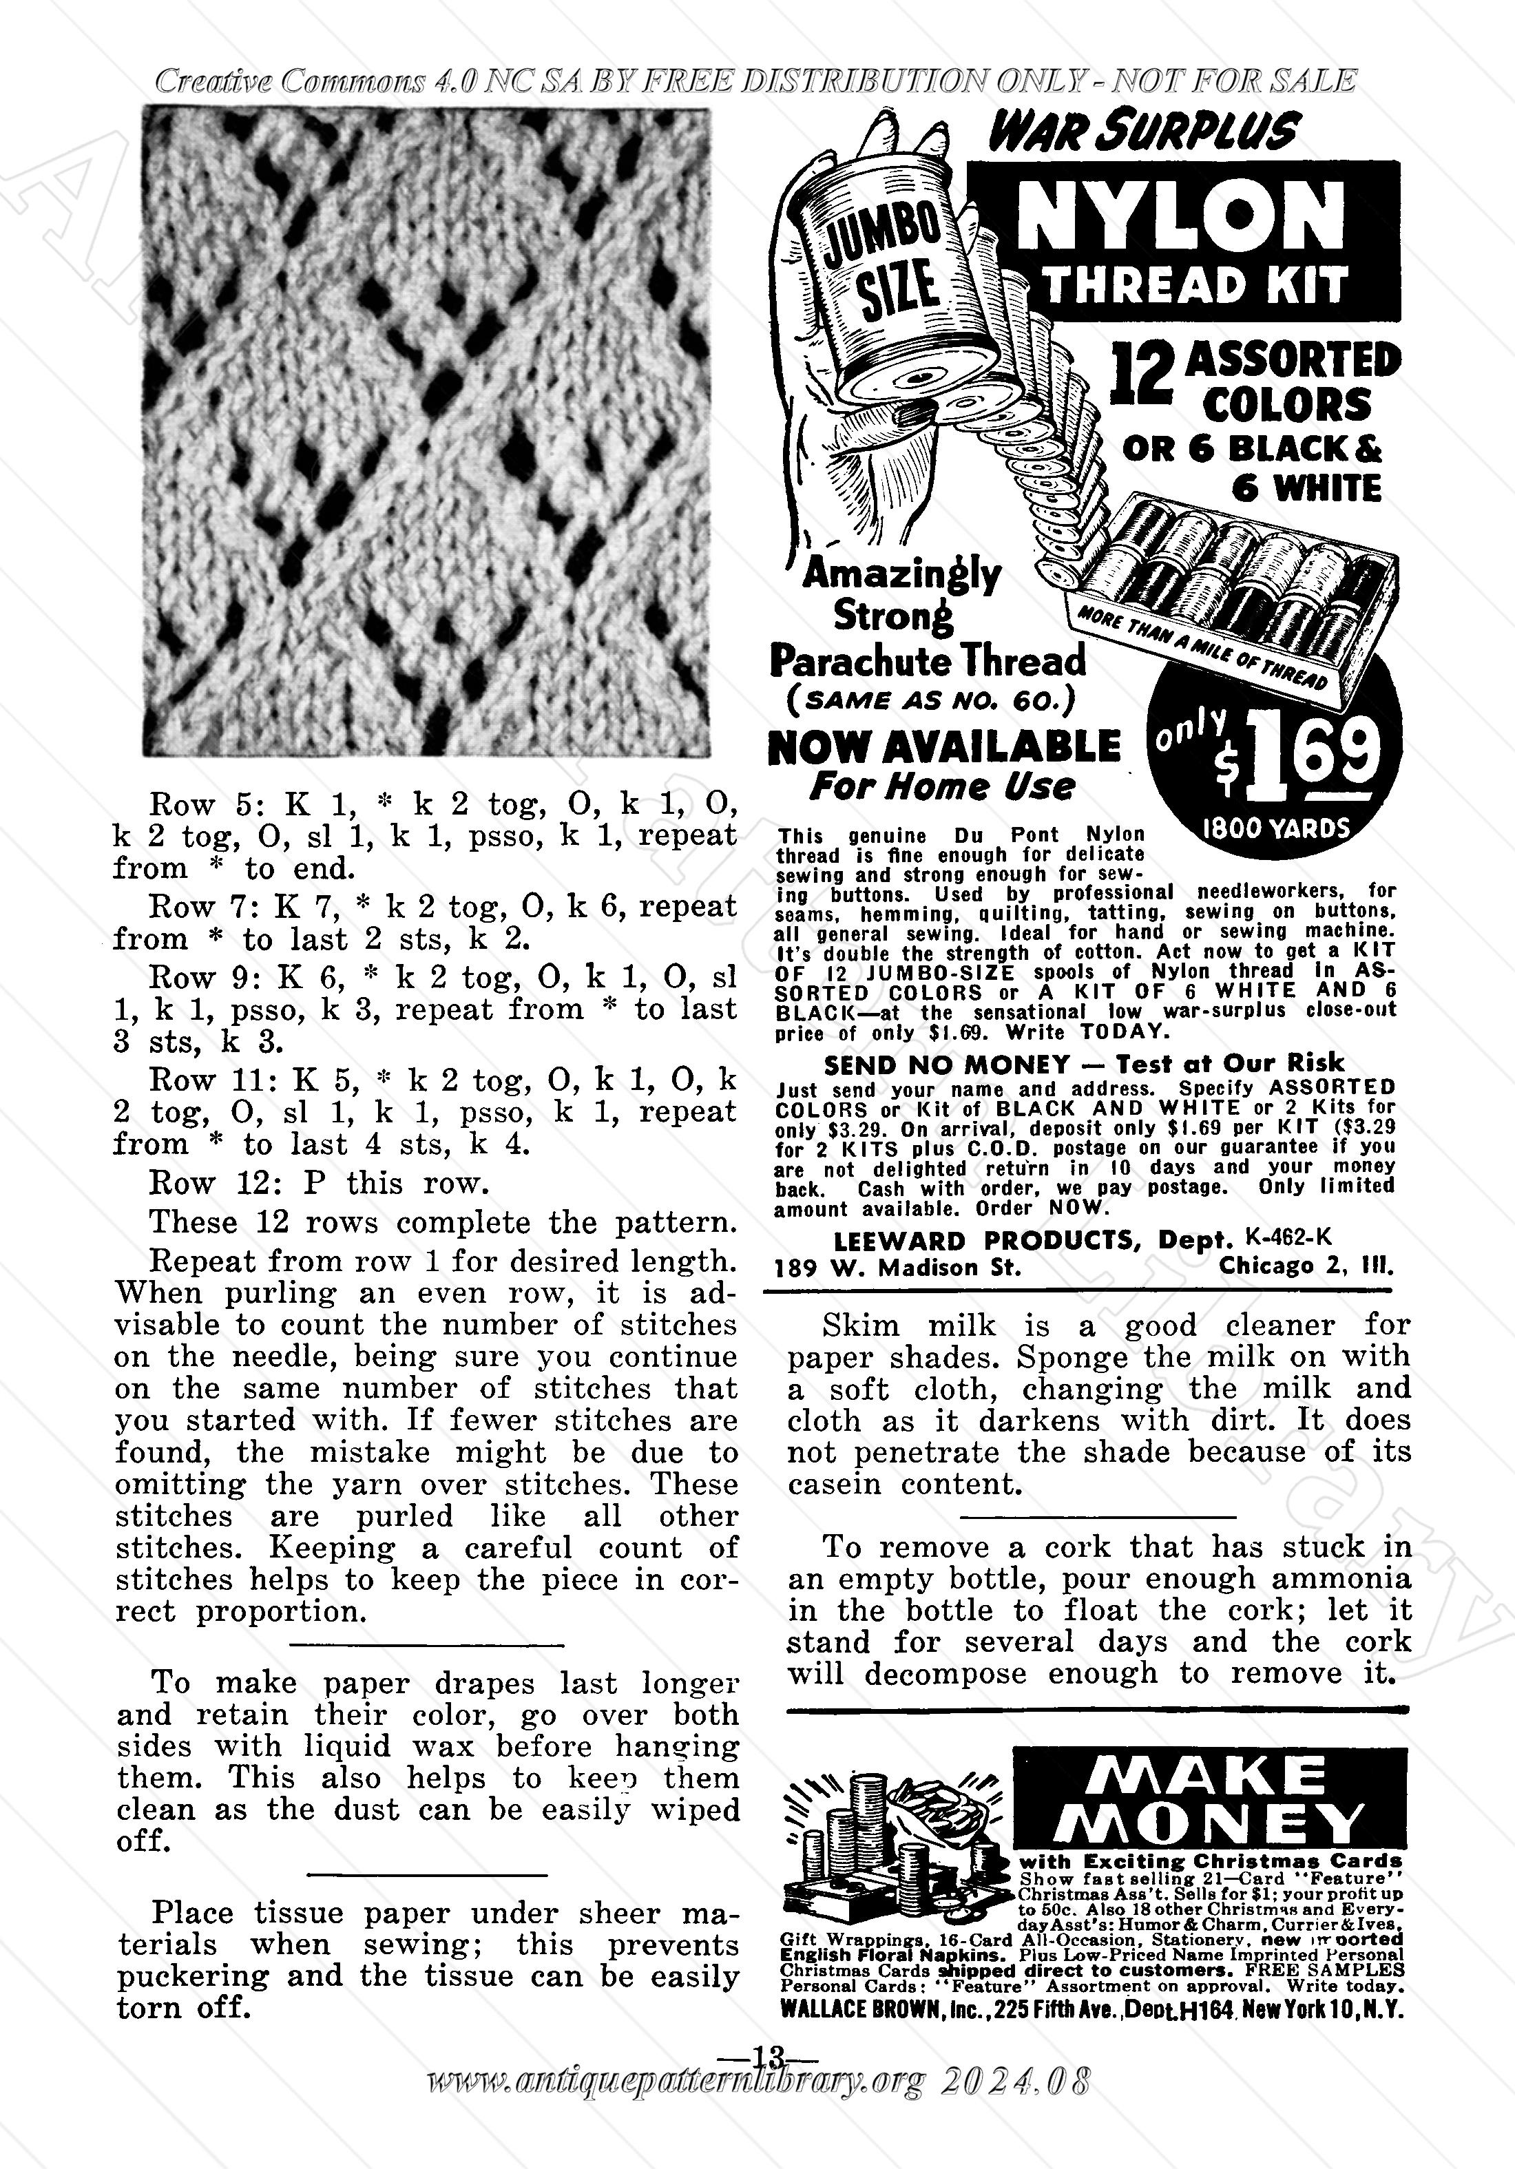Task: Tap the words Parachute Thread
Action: coord(928,660)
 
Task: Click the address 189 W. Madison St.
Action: coord(897,1268)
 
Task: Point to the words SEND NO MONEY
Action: coord(948,1064)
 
